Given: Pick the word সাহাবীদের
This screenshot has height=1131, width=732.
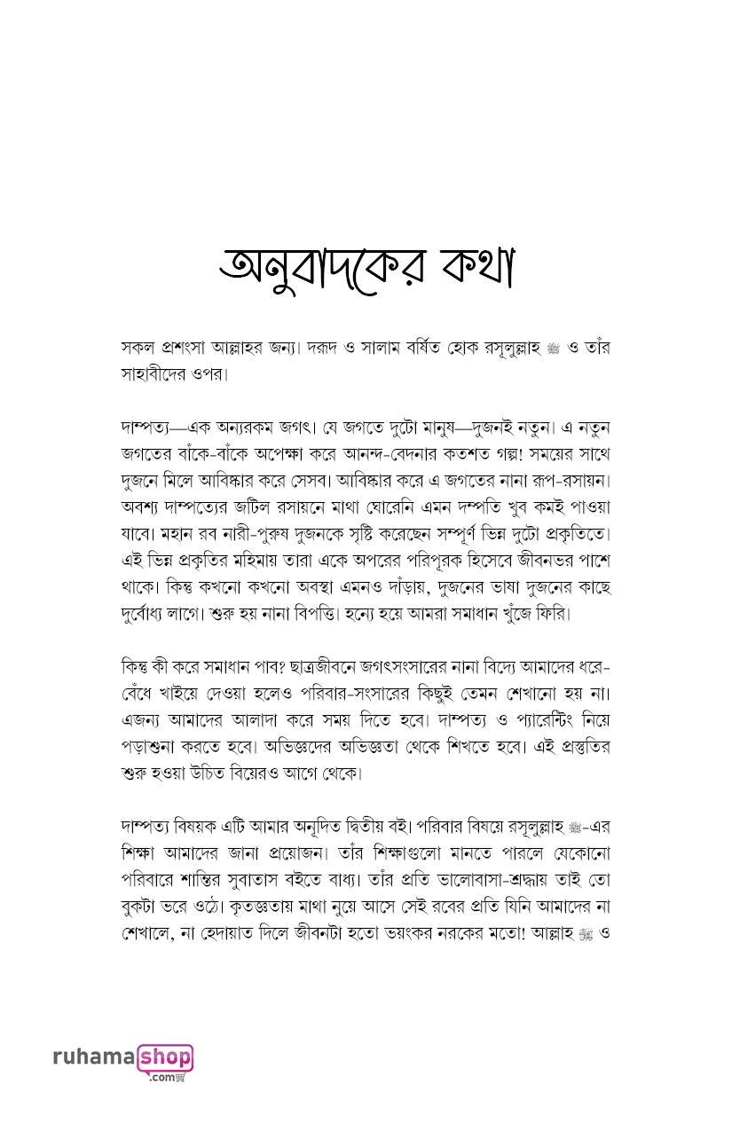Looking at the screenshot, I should [x=153, y=373].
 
